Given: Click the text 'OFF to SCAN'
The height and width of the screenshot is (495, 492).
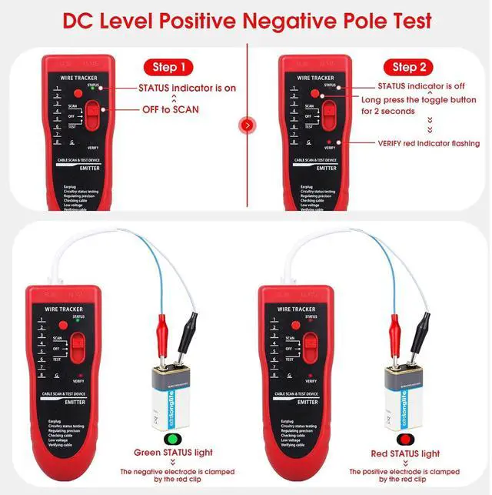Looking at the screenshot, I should (x=171, y=109).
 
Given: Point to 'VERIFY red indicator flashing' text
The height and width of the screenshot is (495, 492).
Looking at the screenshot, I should (x=428, y=143).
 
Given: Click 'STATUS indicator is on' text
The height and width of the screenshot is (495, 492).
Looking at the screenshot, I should (x=188, y=88).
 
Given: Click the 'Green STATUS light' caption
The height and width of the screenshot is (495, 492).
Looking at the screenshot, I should (x=173, y=453).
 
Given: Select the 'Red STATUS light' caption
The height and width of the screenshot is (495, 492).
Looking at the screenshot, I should (x=404, y=453).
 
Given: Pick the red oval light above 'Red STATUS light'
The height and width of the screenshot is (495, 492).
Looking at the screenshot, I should (x=404, y=436).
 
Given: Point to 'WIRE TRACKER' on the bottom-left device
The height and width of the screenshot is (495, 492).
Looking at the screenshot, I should (x=64, y=308).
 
